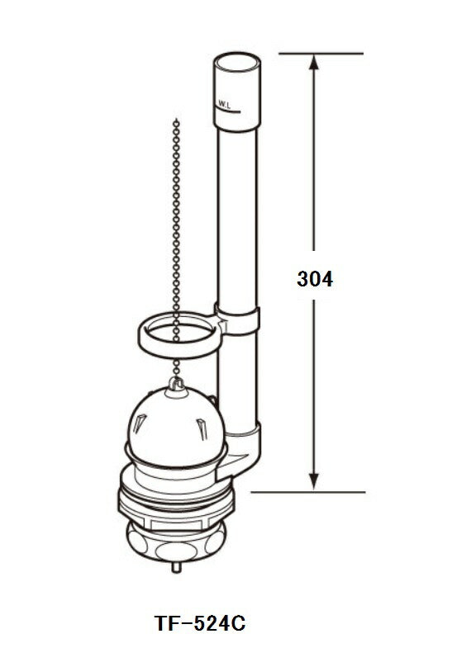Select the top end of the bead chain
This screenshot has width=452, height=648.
pos(176,122)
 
